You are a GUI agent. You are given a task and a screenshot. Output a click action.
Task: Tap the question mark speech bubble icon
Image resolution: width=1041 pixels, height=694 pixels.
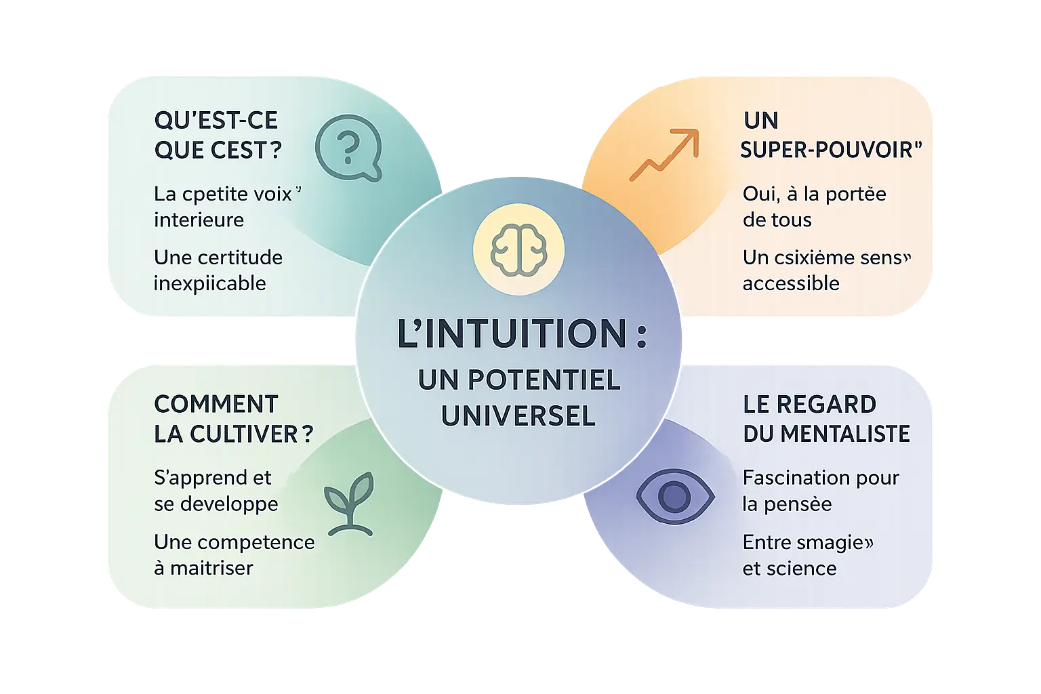coord(348,148)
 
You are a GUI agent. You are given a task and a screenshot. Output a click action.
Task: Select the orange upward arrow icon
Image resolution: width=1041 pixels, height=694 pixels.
coord(664,156)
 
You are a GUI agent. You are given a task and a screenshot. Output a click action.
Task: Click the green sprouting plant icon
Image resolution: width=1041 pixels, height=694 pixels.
coord(348,501)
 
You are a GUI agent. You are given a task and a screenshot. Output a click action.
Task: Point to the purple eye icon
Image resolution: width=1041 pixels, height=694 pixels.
coord(674,496)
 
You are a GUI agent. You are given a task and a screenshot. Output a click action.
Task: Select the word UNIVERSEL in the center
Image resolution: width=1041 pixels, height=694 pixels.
coord(518,415)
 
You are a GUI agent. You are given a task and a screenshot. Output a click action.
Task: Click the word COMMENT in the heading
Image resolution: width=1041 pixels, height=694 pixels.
coord(216,404)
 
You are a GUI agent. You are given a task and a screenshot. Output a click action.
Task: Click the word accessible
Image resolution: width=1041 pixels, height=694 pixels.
coord(791,283)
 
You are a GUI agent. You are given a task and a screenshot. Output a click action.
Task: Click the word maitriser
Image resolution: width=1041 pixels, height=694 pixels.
coord(211,568)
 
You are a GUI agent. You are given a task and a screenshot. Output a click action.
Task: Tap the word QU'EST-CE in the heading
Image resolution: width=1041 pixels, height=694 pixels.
coord(216,121)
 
